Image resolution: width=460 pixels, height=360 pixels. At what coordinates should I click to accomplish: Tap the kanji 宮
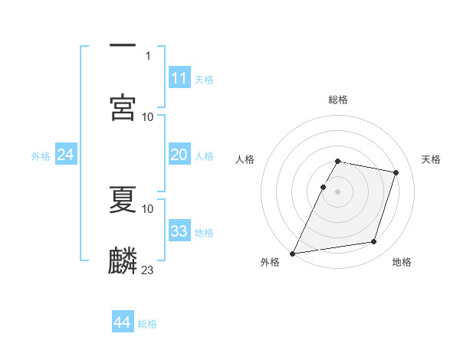tap(123, 106)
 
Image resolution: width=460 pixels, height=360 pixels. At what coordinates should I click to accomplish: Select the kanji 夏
tap(123, 198)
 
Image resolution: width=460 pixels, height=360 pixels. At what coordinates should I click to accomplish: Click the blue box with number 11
tap(179, 78)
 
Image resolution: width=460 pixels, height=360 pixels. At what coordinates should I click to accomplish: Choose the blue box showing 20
tap(179, 155)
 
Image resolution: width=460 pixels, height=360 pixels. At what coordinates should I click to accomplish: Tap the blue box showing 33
tap(179, 231)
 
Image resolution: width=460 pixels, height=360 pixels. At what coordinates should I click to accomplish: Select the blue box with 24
tap(65, 155)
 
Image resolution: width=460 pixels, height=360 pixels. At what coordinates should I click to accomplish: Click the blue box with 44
tap(122, 322)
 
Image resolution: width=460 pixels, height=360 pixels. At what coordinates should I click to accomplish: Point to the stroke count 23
tap(148, 270)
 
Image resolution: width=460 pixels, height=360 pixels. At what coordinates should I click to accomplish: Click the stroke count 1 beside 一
tap(148, 55)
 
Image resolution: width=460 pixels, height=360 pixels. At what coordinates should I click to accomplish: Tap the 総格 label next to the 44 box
tap(147, 324)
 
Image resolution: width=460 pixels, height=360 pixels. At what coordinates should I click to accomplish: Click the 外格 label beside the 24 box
tap(41, 156)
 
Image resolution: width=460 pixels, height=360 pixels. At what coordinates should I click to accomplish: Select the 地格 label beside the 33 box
tap(204, 233)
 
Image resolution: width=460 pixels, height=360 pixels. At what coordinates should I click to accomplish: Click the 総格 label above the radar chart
tap(338, 100)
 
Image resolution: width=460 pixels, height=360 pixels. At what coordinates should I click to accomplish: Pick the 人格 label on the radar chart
tap(245, 159)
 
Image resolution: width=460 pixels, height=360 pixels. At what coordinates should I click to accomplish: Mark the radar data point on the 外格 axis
tap(293, 254)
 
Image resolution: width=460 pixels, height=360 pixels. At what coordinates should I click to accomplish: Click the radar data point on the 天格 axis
tap(396, 172)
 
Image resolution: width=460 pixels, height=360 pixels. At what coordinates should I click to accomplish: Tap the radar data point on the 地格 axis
tap(374, 242)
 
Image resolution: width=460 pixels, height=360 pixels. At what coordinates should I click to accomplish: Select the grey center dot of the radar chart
tap(338, 191)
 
